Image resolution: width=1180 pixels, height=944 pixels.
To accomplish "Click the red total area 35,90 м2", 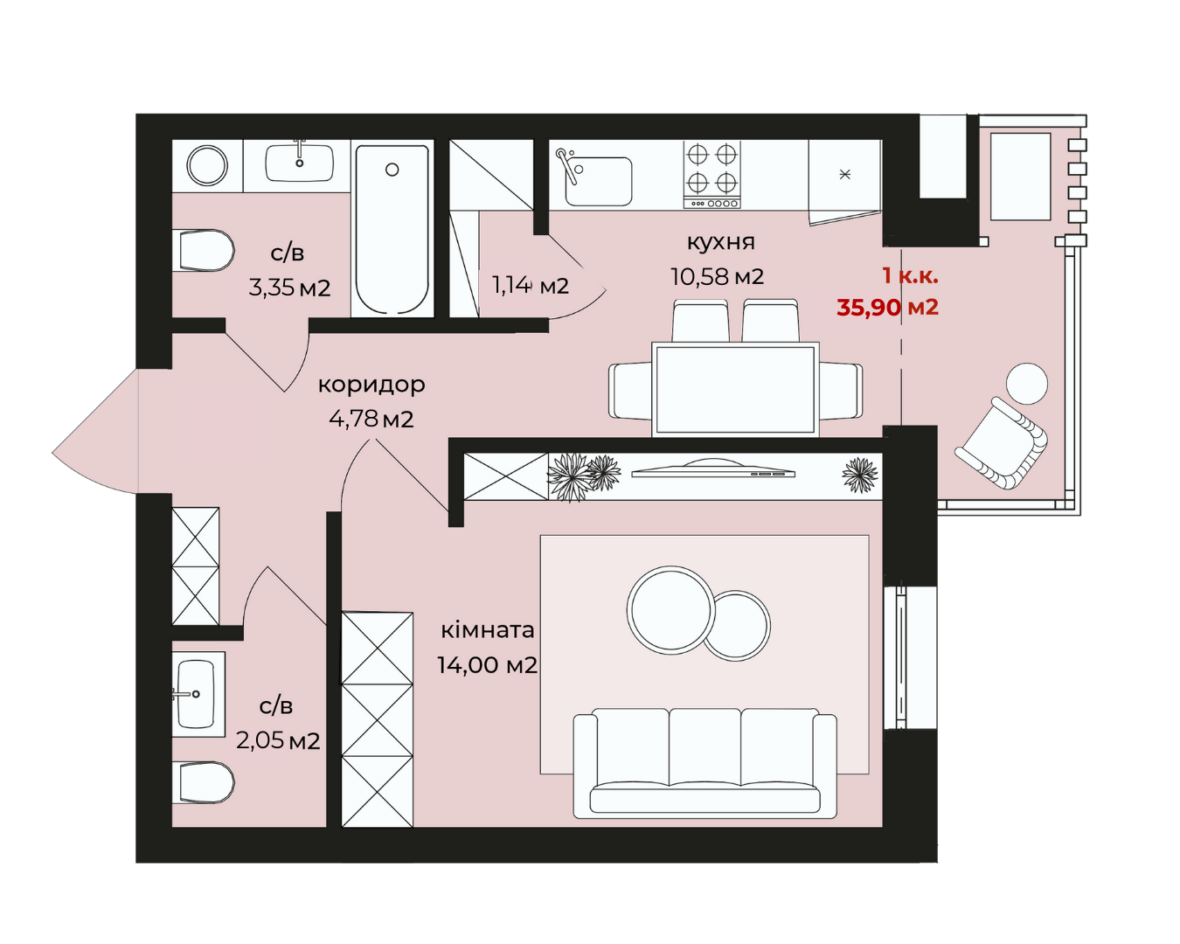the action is coord(887,307).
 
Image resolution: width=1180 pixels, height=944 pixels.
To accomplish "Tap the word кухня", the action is coord(720,242).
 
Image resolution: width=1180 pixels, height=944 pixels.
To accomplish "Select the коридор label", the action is coord(371,385).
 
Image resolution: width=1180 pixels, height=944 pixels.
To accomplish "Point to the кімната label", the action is coord(488,630).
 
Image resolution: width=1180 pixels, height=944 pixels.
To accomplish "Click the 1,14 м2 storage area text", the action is coord(531,285).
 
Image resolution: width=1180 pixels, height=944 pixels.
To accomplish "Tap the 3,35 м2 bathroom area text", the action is coord(289,288).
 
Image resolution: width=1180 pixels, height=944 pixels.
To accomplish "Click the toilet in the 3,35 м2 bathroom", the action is coord(204,250).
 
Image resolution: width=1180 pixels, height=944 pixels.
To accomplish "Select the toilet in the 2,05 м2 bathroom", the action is coord(204,783).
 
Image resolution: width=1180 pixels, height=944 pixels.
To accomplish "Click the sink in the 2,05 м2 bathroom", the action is coord(196,694).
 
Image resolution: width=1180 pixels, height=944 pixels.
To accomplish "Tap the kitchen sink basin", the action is coord(598,181).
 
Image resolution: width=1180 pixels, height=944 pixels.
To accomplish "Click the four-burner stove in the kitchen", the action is coord(711,175).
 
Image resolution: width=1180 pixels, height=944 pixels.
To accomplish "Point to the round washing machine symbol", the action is coord(207,165).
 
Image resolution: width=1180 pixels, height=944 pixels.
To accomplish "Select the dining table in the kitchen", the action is coord(735,390).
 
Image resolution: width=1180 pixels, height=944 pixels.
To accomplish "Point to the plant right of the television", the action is coord(860,475).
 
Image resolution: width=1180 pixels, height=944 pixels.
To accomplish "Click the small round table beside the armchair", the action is coord(1027,384).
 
